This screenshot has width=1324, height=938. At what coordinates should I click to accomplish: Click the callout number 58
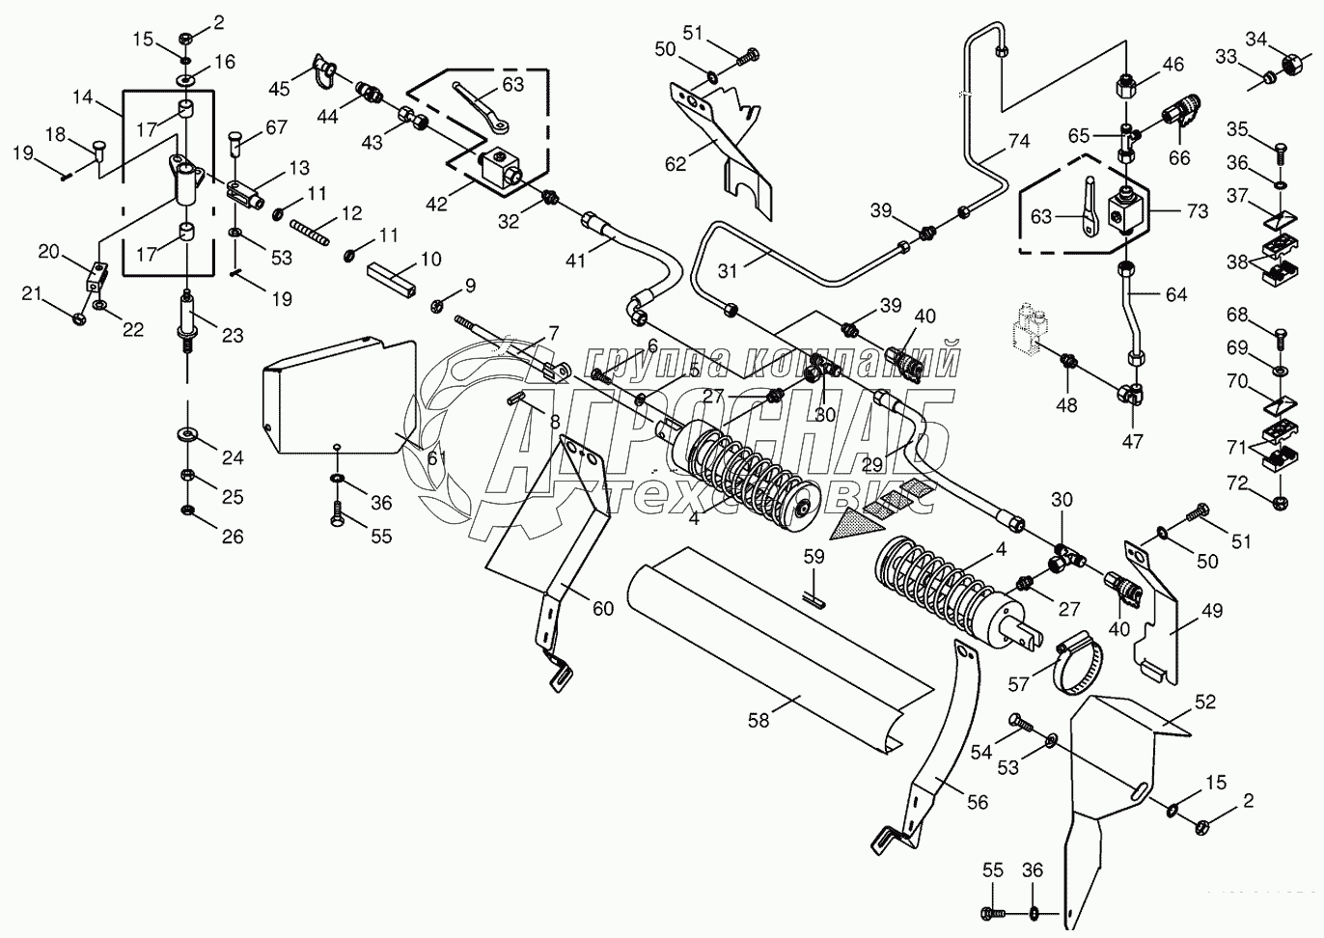pyautogui.click(x=759, y=720)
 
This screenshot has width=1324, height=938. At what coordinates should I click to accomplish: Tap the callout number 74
pyautogui.click(x=1018, y=142)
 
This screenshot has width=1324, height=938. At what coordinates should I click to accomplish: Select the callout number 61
pyautogui.click(x=436, y=458)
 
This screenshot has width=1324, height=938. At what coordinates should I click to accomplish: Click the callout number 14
pyautogui.click(x=83, y=97)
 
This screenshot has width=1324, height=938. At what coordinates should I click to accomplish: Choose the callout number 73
pyautogui.click(x=1197, y=211)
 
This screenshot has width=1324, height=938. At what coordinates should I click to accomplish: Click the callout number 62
pyautogui.click(x=675, y=163)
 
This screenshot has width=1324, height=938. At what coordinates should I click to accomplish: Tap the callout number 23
pyautogui.click(x=232, y=335)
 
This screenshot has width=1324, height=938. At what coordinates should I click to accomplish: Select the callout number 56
pyautogui.click(x=977, y=802)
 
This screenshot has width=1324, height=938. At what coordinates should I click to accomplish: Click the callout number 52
pyautogui.click(x=1204, y=702)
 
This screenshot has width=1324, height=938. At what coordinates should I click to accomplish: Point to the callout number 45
pyautogui.click(x=279, y=90)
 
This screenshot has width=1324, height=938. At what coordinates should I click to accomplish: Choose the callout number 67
pyautogui.click(x=276, y=127)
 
